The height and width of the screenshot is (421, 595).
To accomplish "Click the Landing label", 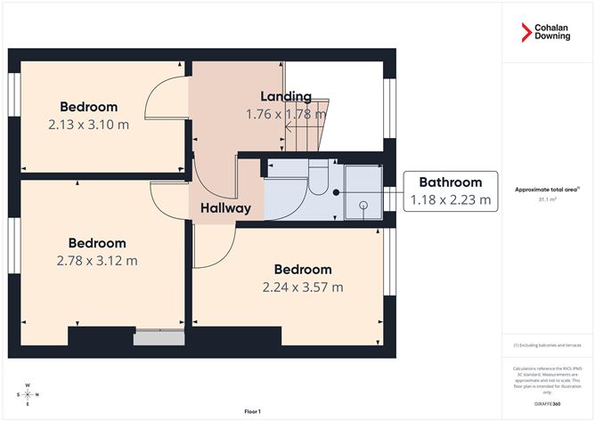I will click(285, 96).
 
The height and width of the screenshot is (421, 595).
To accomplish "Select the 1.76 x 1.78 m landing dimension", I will click(285, 114).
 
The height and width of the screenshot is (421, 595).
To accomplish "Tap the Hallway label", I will click(224, 208).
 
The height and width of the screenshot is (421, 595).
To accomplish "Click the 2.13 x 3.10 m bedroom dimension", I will click(88, 125).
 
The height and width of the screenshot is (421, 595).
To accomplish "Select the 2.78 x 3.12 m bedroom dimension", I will click(97, 261).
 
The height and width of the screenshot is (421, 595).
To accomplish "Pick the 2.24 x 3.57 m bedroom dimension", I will click(302, 287).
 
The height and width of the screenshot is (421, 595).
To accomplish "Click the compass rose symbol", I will click(29, 393).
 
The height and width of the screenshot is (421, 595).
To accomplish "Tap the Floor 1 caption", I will click(253, 411).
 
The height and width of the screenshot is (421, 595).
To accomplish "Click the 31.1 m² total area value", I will click(548, 199).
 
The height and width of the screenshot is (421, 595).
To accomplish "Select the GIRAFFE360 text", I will click(547, 404).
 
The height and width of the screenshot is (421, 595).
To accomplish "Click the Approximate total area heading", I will click(547, 189).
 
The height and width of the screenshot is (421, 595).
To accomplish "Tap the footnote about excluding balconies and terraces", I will click(547, 345).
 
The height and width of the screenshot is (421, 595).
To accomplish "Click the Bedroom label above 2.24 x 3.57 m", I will click(302, 270).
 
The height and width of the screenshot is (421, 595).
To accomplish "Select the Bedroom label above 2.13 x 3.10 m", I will click(88, 107).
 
